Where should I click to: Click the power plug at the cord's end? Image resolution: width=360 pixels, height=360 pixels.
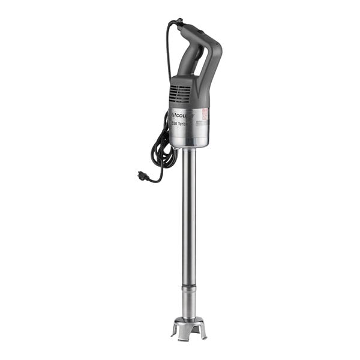click(x=143, y=175)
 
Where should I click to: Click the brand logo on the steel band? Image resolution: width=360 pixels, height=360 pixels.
click(x=182, y=114)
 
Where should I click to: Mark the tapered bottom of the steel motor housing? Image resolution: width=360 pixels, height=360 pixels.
click(x=188, y=143)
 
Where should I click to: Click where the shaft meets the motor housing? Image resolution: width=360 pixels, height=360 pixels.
click(x=188, y=150)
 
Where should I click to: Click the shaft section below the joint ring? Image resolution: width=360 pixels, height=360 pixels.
click(x=188, y=303)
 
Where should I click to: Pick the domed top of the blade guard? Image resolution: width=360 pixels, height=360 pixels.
click(x=188, y=319)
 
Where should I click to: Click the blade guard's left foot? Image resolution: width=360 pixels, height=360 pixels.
click(x=174, y=331)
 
